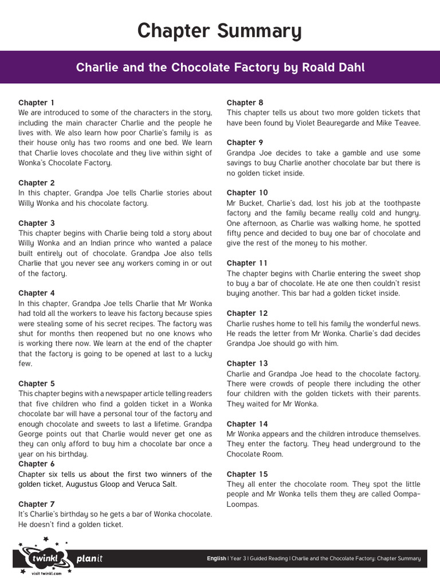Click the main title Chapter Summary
point(219,31)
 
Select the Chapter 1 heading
point(37,103)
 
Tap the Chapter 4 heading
point(37,293)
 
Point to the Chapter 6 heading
point(37,464)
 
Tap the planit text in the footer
point(89,558)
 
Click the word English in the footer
point(216,558)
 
